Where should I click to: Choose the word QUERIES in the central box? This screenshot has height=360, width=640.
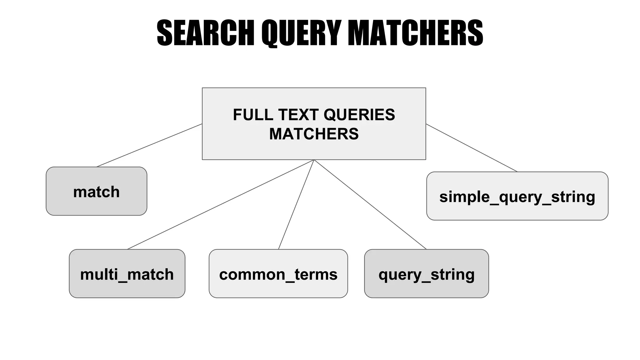[x=359, y=115]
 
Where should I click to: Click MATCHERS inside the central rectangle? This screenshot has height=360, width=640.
[x=314, y=134]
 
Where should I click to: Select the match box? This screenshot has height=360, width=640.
[x=96, y=191]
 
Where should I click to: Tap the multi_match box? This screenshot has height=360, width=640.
[x=127, y=273]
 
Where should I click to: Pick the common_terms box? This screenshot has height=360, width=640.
[x=278, y=273]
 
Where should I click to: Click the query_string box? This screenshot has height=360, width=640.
[x=426, y=273]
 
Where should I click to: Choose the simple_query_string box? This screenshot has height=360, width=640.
[x=517, y=196]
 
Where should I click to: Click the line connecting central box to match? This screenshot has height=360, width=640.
[x=149, y=145]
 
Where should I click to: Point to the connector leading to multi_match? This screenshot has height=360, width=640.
[x=220, y=205]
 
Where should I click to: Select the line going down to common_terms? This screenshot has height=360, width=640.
[x=296, y=205]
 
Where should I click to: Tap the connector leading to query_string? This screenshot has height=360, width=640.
[x=370, y=205]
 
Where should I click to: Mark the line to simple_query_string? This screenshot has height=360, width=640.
[x=471, y=148]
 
